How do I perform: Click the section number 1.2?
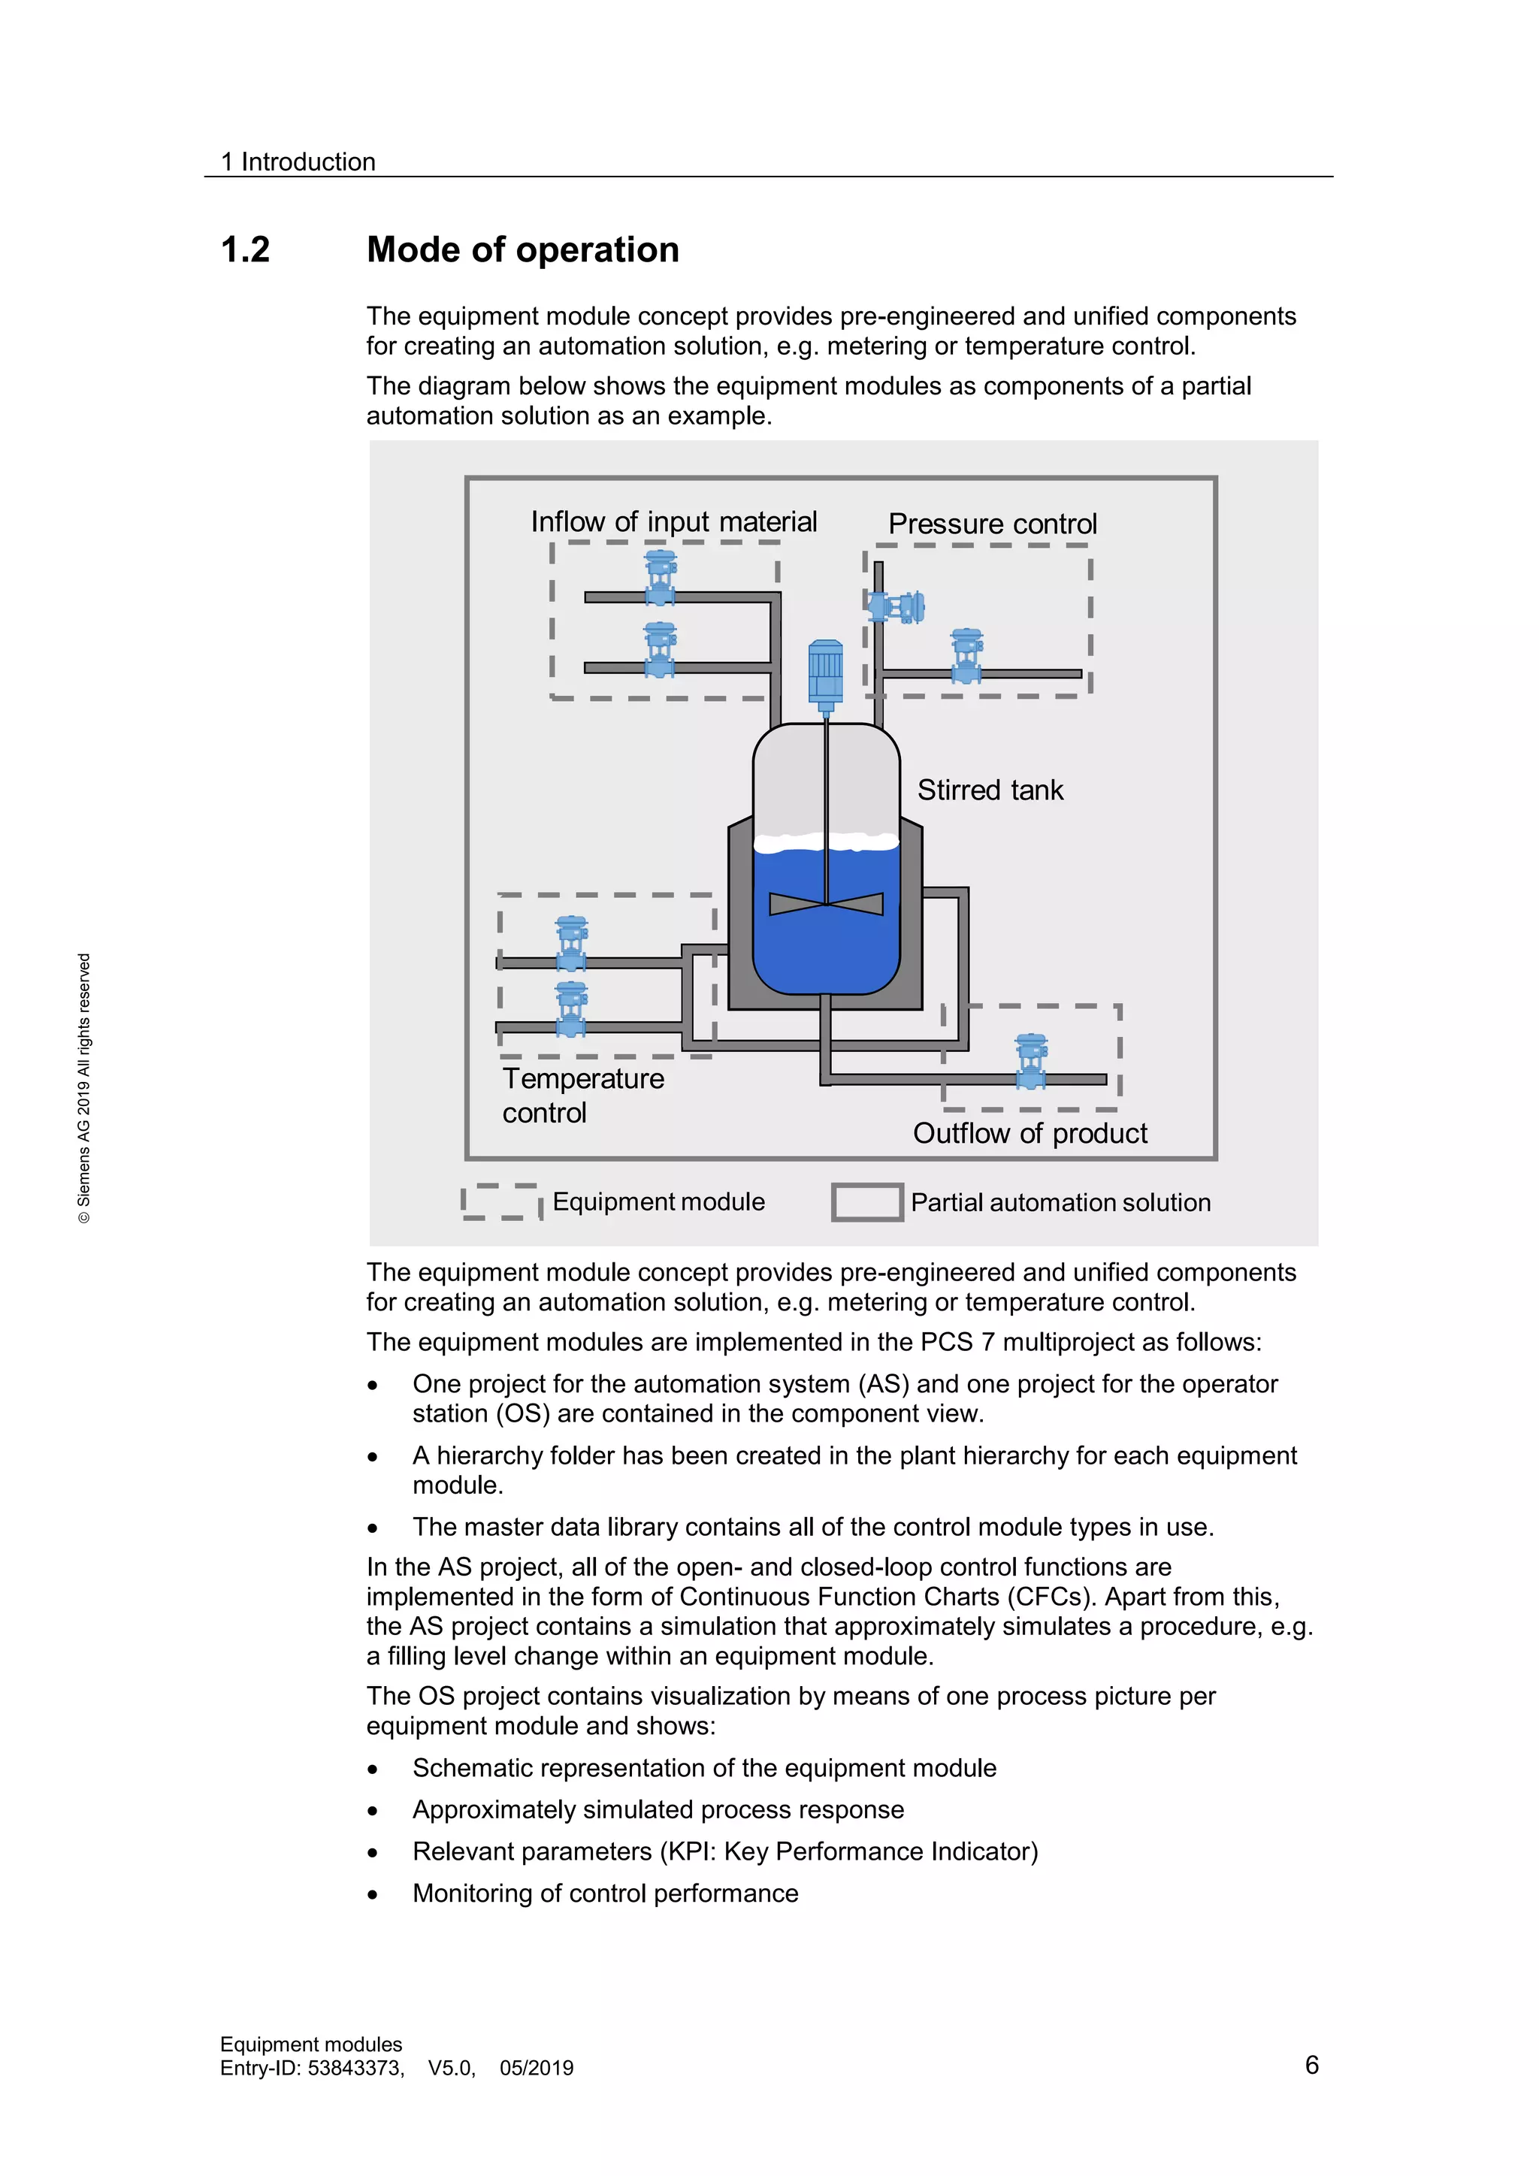coord(246,250)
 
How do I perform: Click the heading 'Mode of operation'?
coord(522,250)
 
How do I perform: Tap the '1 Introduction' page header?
coord(298,162)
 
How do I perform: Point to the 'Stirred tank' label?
coord(990,790)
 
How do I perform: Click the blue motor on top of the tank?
coord(825,674)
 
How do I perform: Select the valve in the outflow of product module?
coord(1030,1062)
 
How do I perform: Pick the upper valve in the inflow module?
coord(661,577)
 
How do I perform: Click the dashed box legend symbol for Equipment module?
coord(501,1201)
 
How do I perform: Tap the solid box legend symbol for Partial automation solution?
coord(866,1201)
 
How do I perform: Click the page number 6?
coord(1311,2064)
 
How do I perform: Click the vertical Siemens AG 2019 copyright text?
coord(84,1088)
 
